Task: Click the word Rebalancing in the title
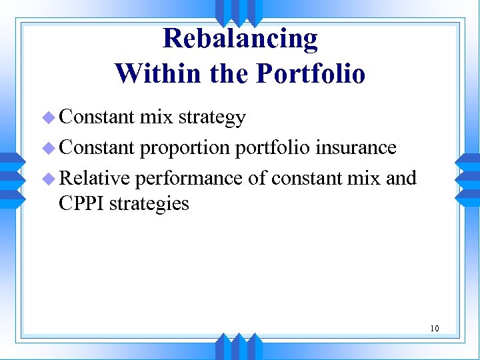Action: [x=240, y=39]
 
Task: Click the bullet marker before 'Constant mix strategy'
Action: [x=47, y=119]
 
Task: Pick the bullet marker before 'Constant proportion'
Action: [x=47, y=148]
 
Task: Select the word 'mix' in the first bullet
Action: [x=155, y=117]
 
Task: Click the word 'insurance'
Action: [x=356, y=147]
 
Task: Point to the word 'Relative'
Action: [x=94, y=179]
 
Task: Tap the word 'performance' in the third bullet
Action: [x=189, y=179]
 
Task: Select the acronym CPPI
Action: [x=81, y=203]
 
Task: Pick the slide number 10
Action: [x=435, y=328]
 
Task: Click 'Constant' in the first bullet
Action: [x=97, y=117]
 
